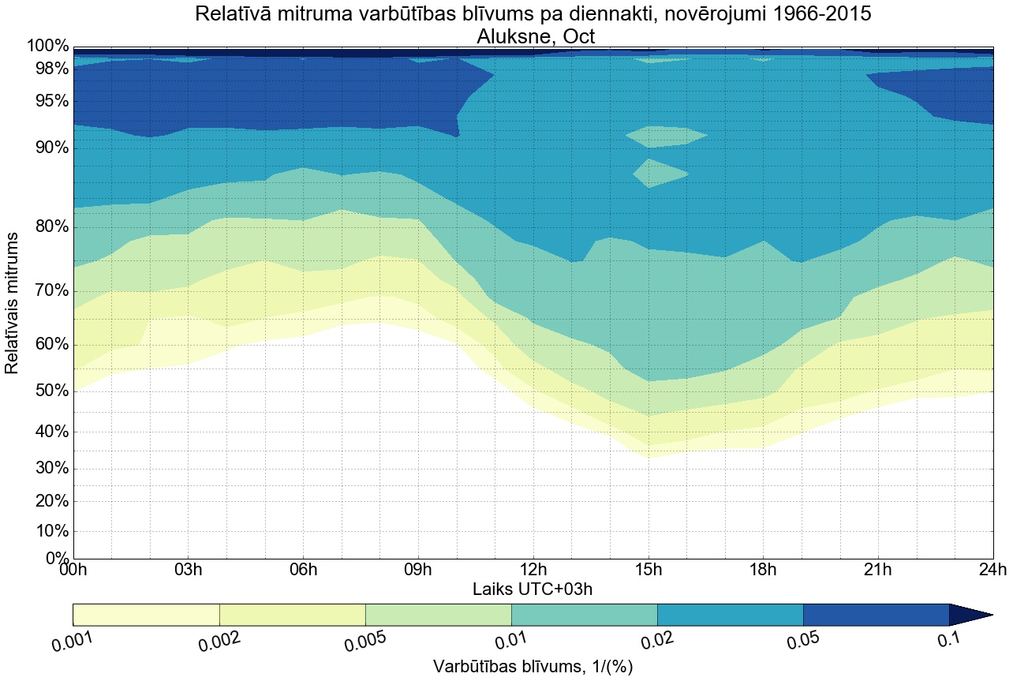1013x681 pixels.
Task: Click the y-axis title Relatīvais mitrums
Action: (x=13, y=304)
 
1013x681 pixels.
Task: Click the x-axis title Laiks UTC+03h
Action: (x=533, y=589)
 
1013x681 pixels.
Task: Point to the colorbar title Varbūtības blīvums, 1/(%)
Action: (x=533, y=667)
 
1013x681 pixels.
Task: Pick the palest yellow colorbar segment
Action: (x=146, y=615)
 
